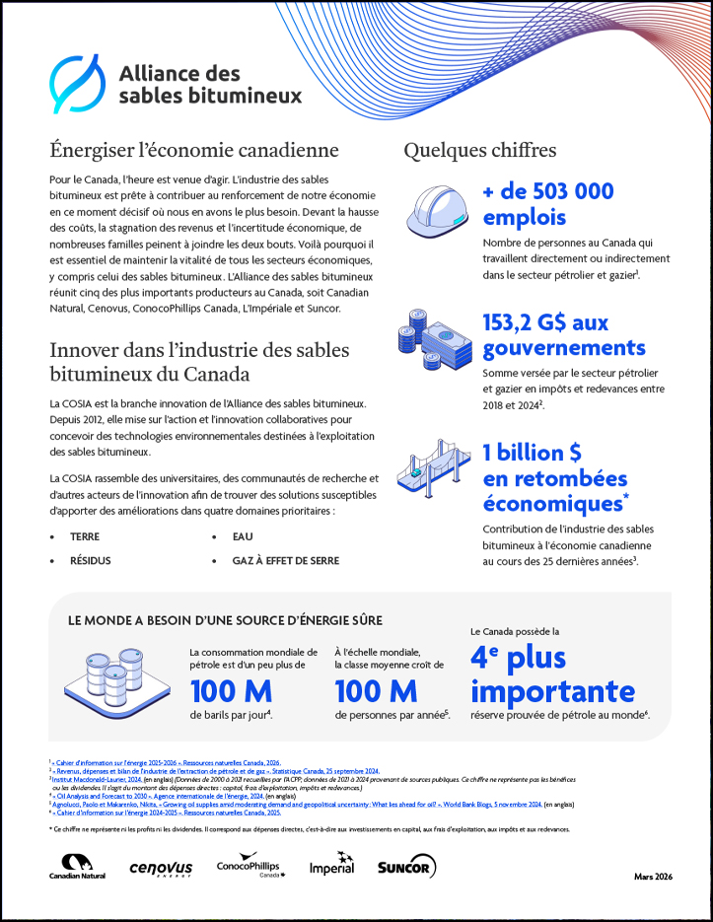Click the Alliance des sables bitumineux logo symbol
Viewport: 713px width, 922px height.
(x=77, y=84)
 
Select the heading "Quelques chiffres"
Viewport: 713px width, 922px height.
(x=479, y=151)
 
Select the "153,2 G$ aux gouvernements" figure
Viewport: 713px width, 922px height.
(x=563, y=335)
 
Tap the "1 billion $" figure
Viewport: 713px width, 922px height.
(x=532, y=453)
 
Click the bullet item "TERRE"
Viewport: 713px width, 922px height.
(x=85, y=536)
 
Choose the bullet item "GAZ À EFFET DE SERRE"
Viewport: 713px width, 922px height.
(x=285, y=560)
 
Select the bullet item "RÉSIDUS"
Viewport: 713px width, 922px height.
(x=90, y=560)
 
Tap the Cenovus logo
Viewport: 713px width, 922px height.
(x=160, y=868)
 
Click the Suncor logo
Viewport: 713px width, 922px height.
(x=405, y=868)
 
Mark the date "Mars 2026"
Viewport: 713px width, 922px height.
(x=652, y=876)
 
